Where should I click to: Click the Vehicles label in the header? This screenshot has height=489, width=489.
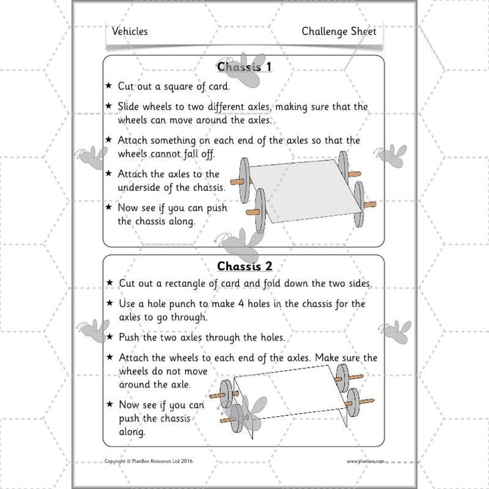130,31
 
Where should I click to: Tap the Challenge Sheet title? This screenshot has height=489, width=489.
338,31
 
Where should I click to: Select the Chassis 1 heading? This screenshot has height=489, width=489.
244,67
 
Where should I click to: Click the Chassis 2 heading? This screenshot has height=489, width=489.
244,266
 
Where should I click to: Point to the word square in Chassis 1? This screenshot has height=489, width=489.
188,86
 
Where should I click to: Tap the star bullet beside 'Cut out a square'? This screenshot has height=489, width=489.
110,85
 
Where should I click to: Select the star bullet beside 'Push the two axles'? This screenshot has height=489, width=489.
110,337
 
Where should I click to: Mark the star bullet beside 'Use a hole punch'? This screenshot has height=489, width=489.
110,303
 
